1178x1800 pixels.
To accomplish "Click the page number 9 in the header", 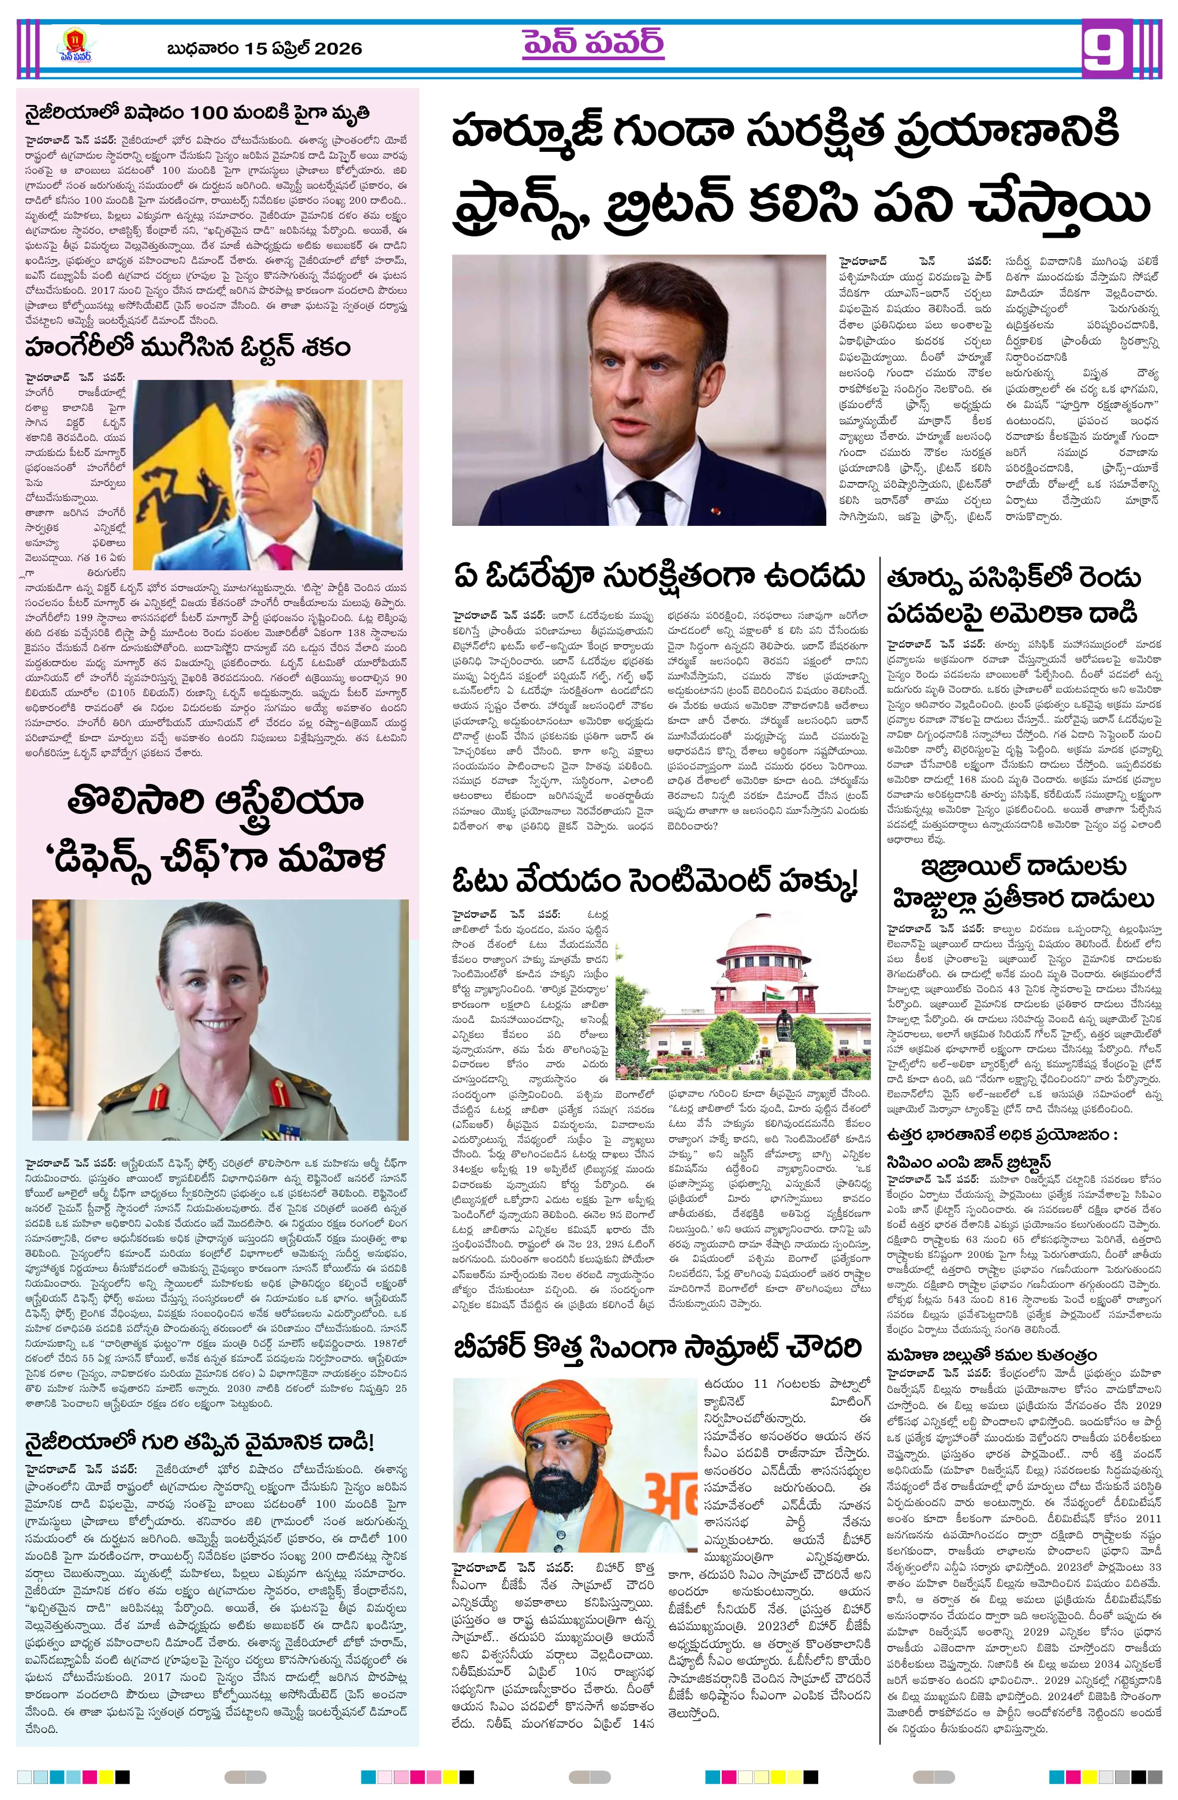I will point(1108,48).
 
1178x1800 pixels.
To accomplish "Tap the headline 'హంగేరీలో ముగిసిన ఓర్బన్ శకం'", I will point(188,347).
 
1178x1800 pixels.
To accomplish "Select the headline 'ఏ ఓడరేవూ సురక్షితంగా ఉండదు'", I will point(658,577).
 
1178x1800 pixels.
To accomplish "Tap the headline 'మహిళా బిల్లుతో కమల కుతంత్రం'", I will point(992,1354).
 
